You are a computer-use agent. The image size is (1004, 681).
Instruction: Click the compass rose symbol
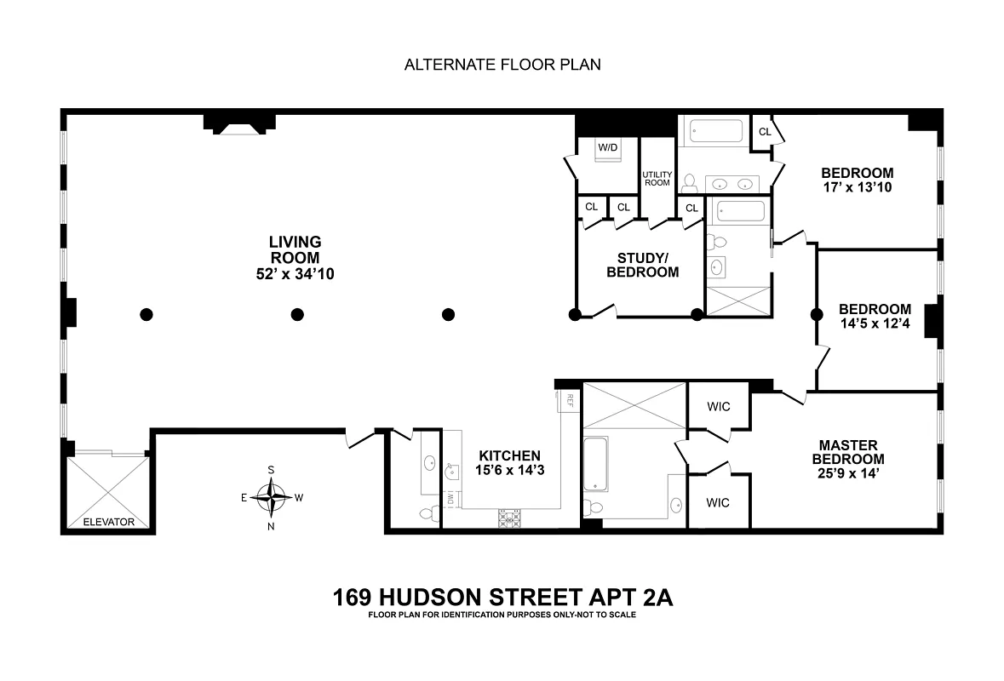click(x=272, y=498)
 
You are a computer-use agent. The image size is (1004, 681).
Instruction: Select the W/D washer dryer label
click(x=607, y=147)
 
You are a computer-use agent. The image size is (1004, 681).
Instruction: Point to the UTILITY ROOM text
click(x=657, y=179)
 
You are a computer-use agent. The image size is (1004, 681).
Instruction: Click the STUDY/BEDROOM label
click(x=642, y=265)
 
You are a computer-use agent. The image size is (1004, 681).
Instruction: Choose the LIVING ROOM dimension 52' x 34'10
click(x=295, y=272)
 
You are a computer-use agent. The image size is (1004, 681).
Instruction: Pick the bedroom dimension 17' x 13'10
click(x=858, y=187)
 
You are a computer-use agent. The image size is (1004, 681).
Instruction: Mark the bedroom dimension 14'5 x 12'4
click(x=875, y=324)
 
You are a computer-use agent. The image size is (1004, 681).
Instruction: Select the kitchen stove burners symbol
click(x=509, y=517)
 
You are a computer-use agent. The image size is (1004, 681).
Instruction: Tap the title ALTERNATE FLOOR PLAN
click(x=502, y=65)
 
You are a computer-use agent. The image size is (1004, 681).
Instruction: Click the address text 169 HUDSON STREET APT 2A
click(x=502, y=598)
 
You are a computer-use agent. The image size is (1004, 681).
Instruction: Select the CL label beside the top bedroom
click(x=765, y=131)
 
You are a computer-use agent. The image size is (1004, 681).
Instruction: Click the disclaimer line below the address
click(x=502, y=615)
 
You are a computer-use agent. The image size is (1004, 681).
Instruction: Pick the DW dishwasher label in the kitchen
click(x=450, y=496)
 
